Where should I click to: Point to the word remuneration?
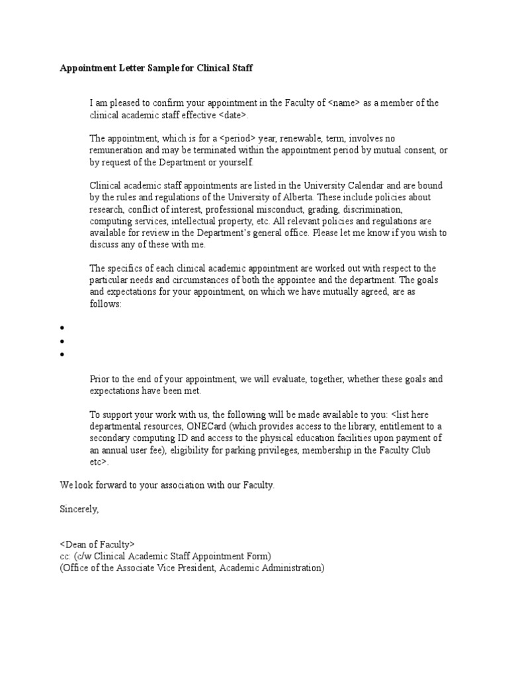[116, 151]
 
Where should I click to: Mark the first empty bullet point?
[62, 328]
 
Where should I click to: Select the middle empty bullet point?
[62, 341]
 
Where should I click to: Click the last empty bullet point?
[62, 354]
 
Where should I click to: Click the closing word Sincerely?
[79, 509]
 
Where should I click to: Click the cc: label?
[65, 556]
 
